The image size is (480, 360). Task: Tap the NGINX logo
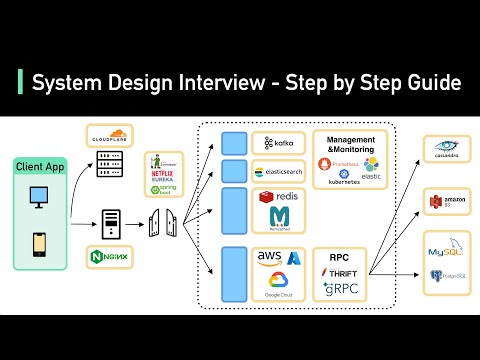coord(107,255)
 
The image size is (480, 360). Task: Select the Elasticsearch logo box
coord(278,171)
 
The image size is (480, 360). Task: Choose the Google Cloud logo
coord(278,287)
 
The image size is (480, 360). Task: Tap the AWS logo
coord(269,259)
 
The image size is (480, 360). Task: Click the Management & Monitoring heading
coord(351,144)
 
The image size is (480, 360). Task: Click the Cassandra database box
coord(446,150)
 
